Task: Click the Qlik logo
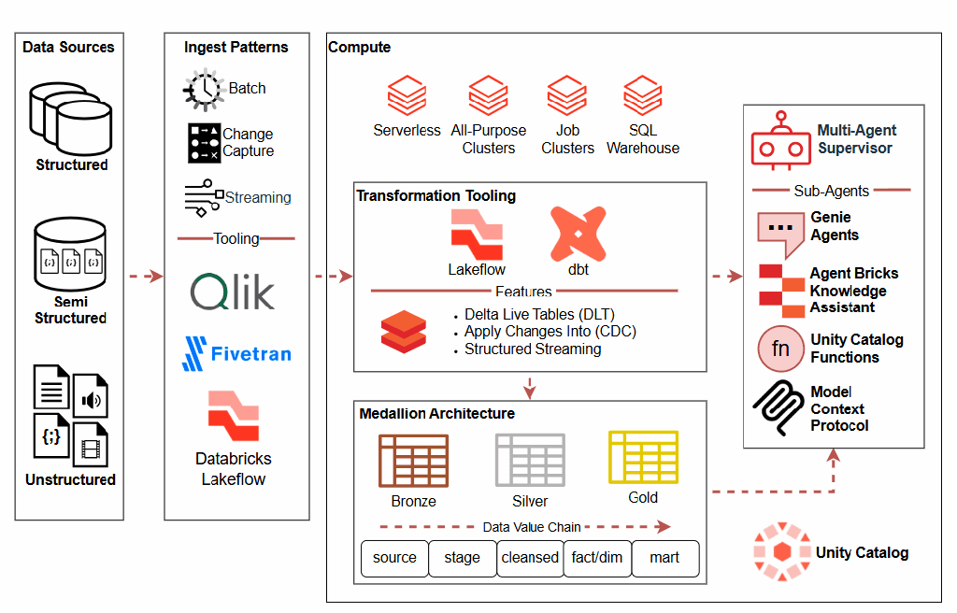coord(233,292)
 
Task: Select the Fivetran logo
coord(236,353)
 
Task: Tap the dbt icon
coord(578,234)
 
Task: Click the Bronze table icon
coord(413,461)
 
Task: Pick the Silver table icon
coord(530,460)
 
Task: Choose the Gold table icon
coord(643,457)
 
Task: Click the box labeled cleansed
coord(530,558)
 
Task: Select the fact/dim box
coord(597,558)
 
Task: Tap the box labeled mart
coord(664,558)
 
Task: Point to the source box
coord(394,558)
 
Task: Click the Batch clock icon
coord(203,90)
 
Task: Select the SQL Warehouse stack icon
coord(643,96)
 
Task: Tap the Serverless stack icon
coord(407,96)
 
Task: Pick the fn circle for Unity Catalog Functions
coord(779,349)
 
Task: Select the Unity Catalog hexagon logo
coord(781,552)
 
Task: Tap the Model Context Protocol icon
coord(778,407)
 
